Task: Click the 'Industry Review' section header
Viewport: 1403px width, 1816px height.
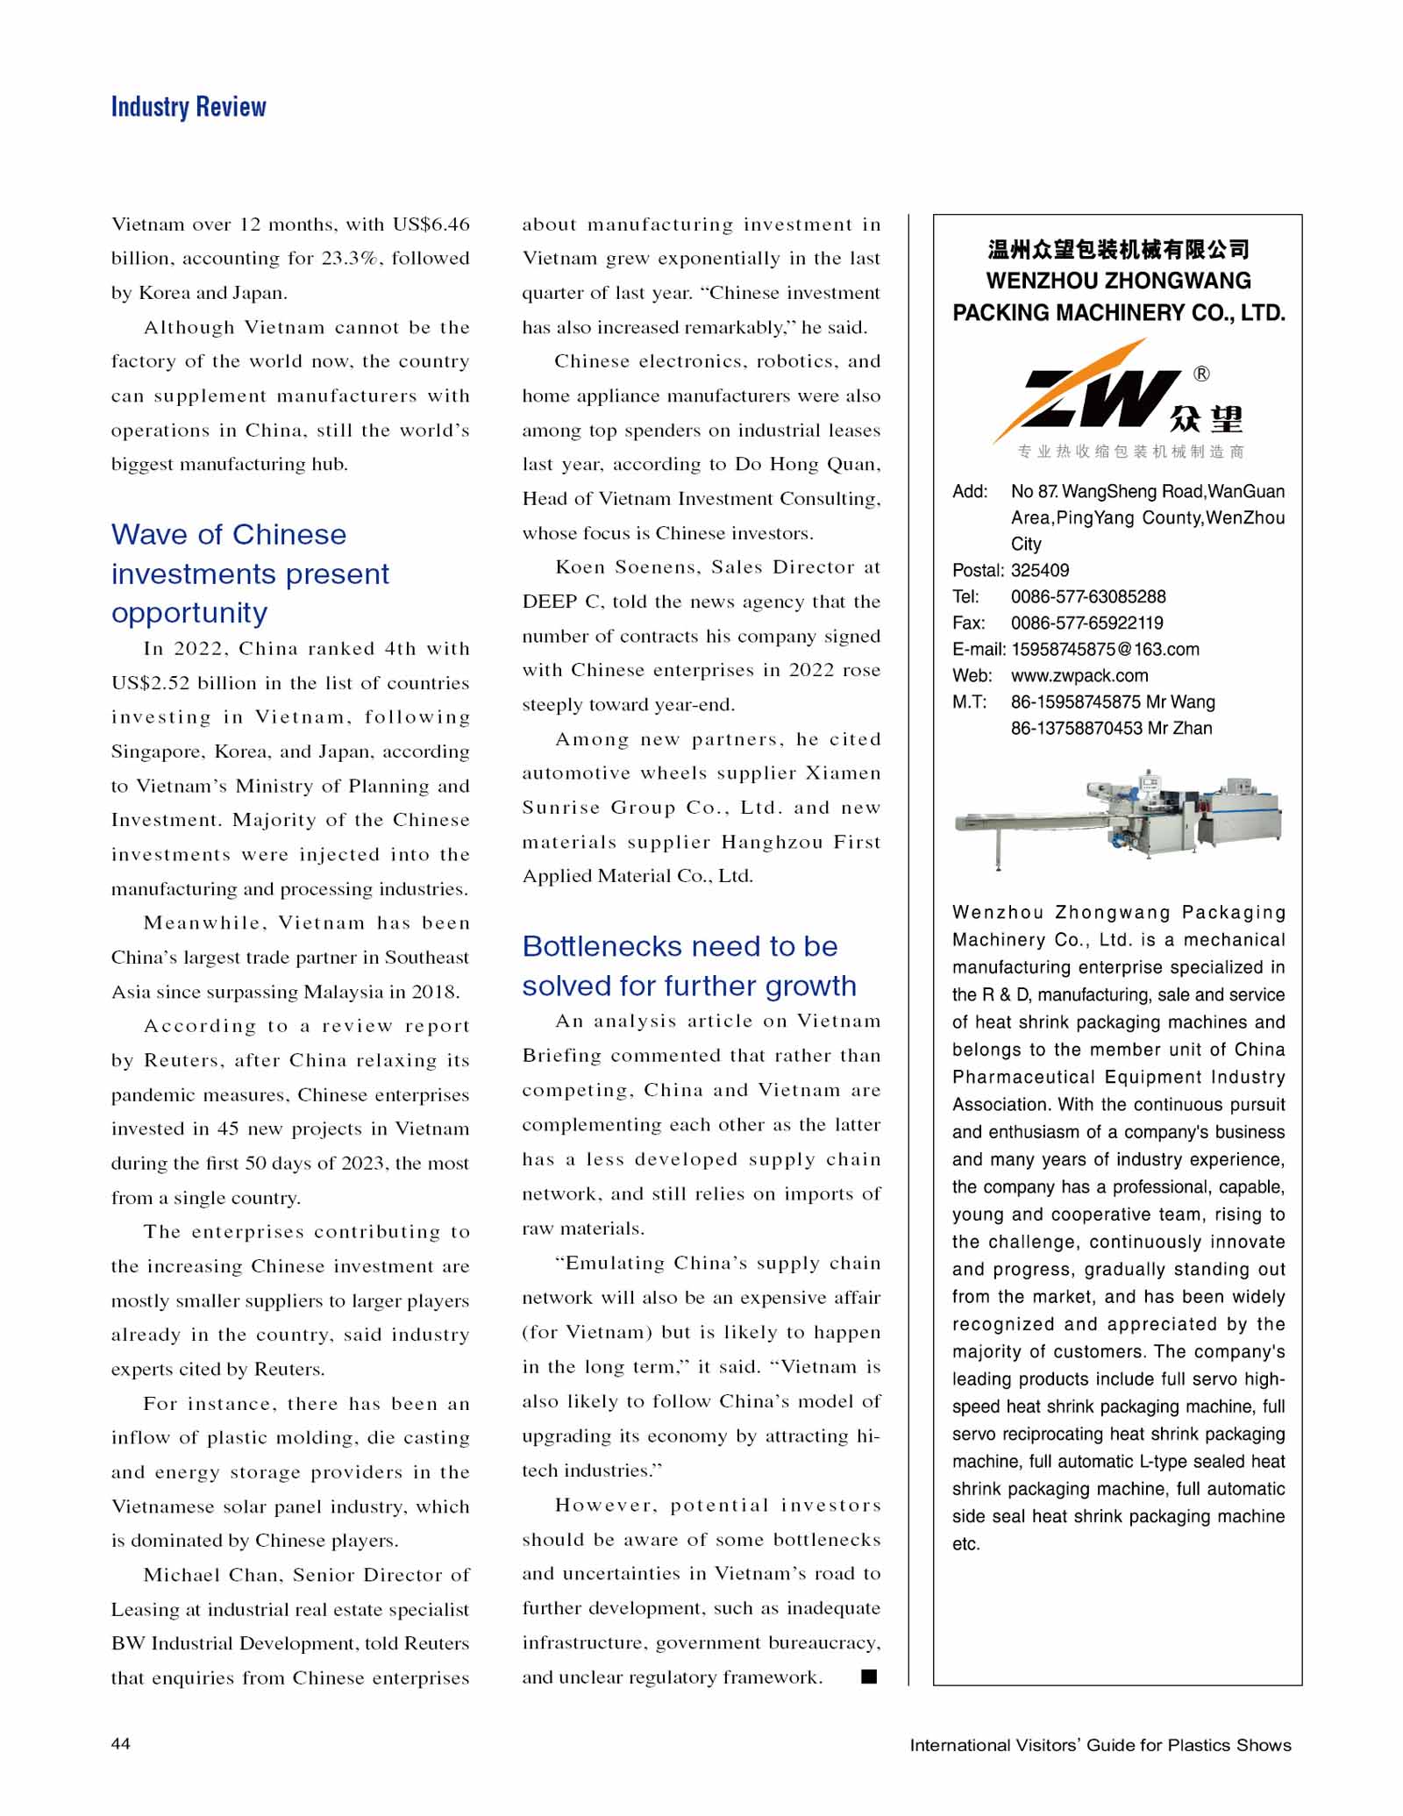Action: click(x=189, y=107)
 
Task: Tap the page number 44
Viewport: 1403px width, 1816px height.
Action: click(x=121, y=1743)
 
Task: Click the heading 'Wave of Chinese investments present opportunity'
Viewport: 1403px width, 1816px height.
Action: click(x=250, y=573)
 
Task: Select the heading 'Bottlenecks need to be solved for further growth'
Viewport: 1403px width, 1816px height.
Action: click(x=688, y=965)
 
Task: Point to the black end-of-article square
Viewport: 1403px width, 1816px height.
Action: click(x=869, y=1677)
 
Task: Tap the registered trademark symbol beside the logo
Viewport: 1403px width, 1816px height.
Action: click(x=1201, y=374)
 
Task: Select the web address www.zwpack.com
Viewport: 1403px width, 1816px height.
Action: click(x=1079, y=675)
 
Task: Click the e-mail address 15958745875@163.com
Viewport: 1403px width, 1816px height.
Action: click(x=1105, y=649)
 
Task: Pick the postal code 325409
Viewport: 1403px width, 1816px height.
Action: click(x=1040, y=570)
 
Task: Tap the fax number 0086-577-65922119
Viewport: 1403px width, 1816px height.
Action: click(x=1086, y=623)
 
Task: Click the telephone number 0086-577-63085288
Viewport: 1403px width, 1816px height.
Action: click(x=1088, y=596)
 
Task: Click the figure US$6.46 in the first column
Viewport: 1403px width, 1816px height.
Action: click(x=431, y=224)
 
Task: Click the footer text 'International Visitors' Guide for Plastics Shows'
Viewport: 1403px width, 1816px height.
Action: click(x=1100, y=1745)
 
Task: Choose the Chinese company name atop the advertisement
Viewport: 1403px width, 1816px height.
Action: click(x=1118, y=250)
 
